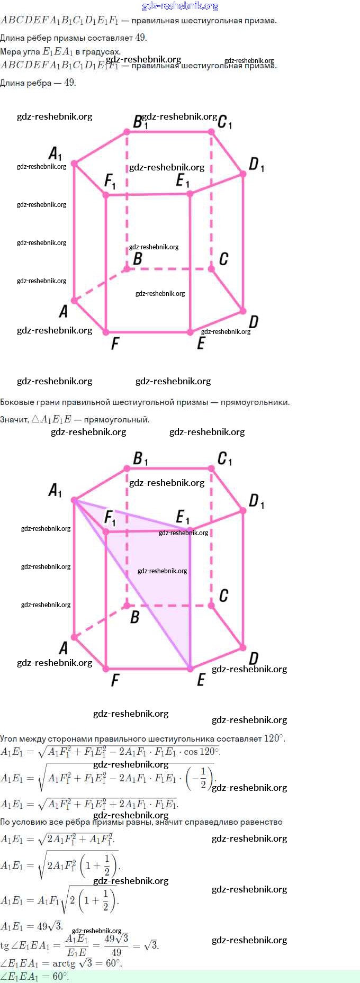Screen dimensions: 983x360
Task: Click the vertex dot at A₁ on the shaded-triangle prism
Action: [74, 500]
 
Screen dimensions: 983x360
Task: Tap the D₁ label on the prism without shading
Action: [256, 165]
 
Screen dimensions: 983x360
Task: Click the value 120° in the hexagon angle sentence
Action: [273, 738]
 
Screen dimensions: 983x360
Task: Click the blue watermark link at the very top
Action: [180, 6]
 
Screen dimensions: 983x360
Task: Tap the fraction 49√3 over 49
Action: [116, 945]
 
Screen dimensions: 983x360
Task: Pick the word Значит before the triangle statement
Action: [14, 420]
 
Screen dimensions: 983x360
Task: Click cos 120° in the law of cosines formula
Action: [201, 752]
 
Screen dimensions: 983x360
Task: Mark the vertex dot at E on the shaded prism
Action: [190, 669]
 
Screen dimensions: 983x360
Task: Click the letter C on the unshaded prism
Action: [223, 259]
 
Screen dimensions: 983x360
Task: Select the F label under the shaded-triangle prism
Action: [115, 680]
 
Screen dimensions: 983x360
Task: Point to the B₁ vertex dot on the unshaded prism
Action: [127, 131]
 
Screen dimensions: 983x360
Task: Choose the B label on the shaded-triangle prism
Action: [135, 617]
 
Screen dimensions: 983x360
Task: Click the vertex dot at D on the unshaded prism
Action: [243, 311]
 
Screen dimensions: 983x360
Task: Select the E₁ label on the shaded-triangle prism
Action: [183, 517]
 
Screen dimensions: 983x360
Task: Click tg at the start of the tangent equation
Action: [5, 946]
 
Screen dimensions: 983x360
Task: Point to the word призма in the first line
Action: [261, 21]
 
